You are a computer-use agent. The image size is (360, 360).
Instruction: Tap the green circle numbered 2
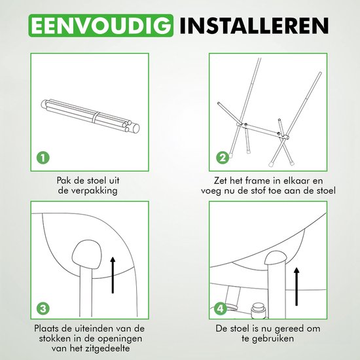pyautogui.click(x=223, y=157)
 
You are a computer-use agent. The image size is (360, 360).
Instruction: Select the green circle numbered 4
pyautogui.click(x=223, y=308)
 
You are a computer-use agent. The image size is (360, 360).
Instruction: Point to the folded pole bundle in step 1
pyautogui.click(x=91, y=117)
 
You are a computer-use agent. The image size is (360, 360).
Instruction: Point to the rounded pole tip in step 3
pyautogui.click(x=86, y=252)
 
